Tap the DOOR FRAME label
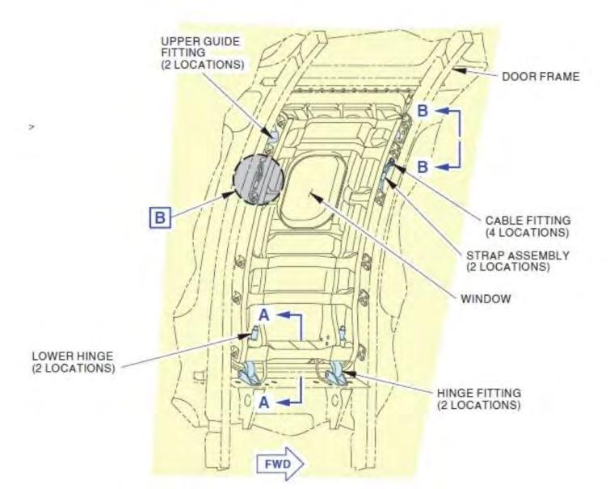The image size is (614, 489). click(x=540, y=78)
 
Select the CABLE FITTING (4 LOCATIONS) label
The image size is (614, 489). click(x=528, y=226)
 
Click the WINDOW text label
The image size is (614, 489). click(x=486, y=298)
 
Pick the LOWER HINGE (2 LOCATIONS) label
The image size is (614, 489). click(x=73, y=360)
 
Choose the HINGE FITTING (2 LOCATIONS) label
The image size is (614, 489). click(x=478, y=398)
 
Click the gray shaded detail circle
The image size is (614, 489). click(x=257, y=179)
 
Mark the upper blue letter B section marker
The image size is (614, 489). click(x=423, y=111)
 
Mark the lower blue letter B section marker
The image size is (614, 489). click(x=423, y=167)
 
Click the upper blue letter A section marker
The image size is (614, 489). click(x=264, y=315)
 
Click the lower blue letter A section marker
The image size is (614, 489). click(x=264, y=401)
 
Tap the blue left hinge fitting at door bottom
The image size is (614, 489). click(x=250, y=373)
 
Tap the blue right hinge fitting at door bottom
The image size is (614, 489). click(x=334, y=373)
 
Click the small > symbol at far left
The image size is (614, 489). click(x=31, y=127)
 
